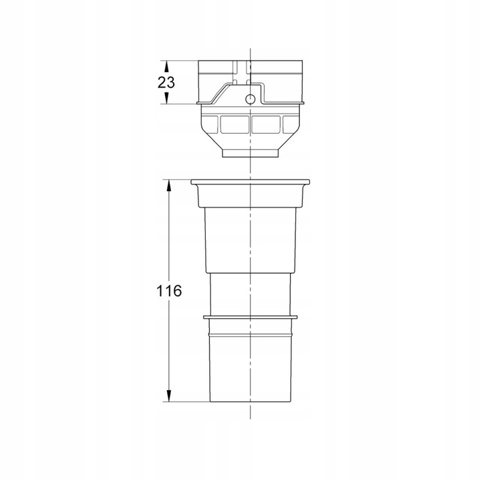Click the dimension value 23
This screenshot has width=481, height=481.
click(x=166, y=83)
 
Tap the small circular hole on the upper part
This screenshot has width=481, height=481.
click(x=251, y=99)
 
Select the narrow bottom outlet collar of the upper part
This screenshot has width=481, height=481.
click(x=249, y=155)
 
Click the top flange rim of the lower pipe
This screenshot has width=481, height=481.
click(x=250, y=182)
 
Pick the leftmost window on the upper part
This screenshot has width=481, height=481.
click(x=210, y=124)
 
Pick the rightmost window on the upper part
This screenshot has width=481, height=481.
click(x=289, y=124)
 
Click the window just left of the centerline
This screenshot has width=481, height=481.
click(x=234, y=124)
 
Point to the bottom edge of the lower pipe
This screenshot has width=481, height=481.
click(x=250, y=402)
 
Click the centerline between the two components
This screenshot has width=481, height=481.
click(x=250, y=169)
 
